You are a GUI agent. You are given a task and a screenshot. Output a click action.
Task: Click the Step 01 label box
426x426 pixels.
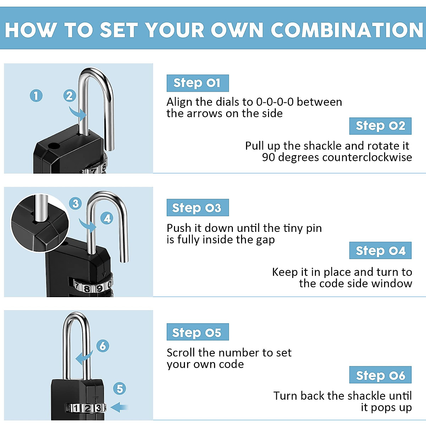pyautogui.click(x=197, y=83)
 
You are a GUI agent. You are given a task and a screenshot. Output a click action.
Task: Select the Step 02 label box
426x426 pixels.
pyautogui.click(x=380, y=126)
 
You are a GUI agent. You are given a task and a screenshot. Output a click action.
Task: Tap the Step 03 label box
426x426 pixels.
pyautogui.click(x=197, y=208)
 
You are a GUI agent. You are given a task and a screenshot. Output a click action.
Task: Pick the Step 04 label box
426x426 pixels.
pyautogui.click(x=380, y=251)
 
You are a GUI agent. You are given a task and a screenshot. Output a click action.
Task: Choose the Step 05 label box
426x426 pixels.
pyautogui.click(x=197, y=332)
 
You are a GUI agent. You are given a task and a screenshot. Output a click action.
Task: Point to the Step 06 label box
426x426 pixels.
pyautogui.click(x=380, y=375)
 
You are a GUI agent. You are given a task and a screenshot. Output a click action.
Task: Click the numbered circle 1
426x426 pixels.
pyautogui.click(x=36, y=95)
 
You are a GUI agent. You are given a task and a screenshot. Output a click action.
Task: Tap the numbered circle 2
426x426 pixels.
pyautogui.click(x=70, y=95)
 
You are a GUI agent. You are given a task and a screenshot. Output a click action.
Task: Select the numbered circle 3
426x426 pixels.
pyautogui.click(x=75, y=204)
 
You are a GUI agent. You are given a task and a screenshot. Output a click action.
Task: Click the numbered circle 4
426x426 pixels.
pyautogui.click(x=107, y=218)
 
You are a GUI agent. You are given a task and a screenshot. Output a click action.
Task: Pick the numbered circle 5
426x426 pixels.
pyautogui.click(x=120, y=389)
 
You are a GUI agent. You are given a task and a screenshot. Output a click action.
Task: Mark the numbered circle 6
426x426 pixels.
pyautogui.click(x=103, y=346)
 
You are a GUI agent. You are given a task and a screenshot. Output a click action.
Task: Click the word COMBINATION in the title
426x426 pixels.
pyautogui.click(x=347, y=30)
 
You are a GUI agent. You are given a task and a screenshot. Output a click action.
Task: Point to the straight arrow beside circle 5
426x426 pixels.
pyautogui.click(x=120, y=407)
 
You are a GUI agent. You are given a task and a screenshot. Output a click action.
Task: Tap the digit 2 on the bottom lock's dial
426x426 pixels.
pyautogui.click(x=87, y=408)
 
